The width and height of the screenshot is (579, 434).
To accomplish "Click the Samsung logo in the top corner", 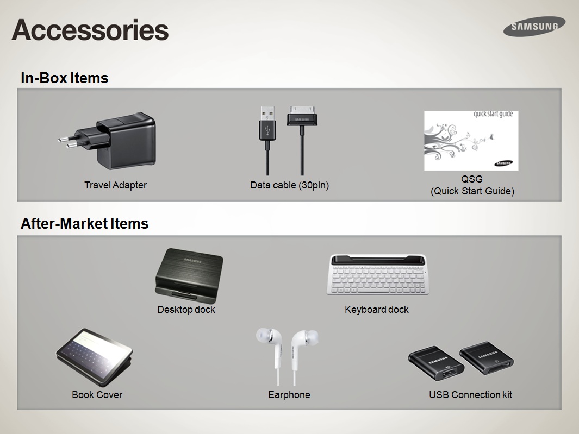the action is (x=534, y=27).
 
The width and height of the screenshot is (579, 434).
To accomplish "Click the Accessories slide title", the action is (x=90, y=30).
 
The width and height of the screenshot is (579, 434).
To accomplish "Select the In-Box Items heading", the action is (x=64, y=78).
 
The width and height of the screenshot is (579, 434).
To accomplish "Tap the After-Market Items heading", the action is (x=85, y=224).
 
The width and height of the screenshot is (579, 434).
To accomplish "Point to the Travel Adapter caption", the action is (x=115, y=185).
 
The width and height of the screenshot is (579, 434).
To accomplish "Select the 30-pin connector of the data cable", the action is (x=302, y=116).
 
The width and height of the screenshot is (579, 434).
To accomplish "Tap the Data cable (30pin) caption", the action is (x=289, y=185).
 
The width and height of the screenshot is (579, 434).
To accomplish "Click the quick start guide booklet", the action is (x=471, y=141).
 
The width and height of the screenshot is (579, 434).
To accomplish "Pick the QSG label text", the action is (x=472, y=179).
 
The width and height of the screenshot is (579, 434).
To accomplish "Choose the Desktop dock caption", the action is (x=186, y=309).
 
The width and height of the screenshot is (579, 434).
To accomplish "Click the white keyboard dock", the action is (x=378, y=274).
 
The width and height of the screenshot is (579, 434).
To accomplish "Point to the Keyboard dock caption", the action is (x=377, y=309).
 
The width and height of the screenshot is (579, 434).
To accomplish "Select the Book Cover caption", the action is (x=97, y=394).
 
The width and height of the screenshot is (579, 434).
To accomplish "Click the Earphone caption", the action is (x=289, y=394).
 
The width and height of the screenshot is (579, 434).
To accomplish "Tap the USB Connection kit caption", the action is (x=470, y=394).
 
